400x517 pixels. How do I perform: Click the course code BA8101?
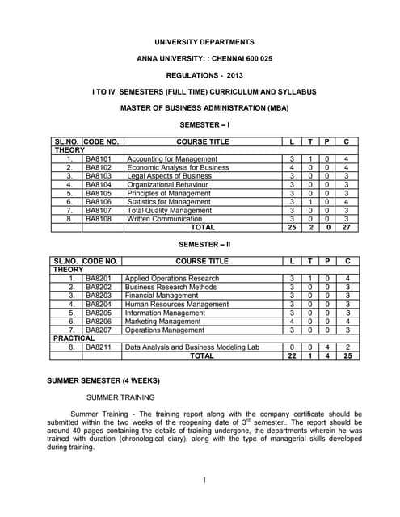coord(99,158)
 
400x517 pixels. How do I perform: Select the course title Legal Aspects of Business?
coord(169,175)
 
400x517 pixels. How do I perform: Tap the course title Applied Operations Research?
coord(172,278)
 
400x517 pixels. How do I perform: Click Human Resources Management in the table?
coord(177,304)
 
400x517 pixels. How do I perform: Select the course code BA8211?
coord(99,347)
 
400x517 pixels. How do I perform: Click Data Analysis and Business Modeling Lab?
coord(193,347)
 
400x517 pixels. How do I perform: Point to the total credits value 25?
coord(346,355)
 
